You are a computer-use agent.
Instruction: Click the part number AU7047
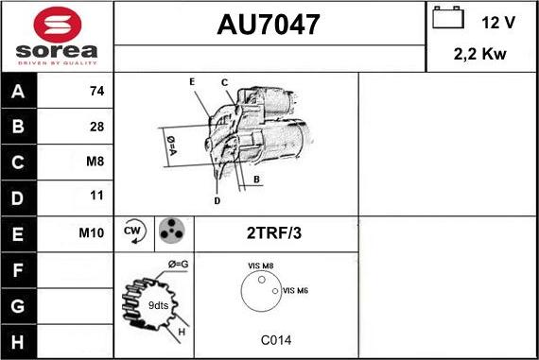[269, 25]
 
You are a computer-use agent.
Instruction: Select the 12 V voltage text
[497, 21]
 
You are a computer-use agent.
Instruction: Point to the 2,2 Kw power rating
[481, 54]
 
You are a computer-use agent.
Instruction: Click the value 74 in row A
[96, 93]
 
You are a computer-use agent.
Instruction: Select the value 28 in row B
[96, 127]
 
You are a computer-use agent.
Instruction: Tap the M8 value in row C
[95, 162]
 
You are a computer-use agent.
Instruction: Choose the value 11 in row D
[96, 197]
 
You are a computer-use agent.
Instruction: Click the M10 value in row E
[92, 231]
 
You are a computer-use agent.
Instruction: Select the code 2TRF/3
[274, 232]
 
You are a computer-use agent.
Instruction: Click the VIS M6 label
[296, 290]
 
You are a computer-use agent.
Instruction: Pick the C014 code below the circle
[275, 340]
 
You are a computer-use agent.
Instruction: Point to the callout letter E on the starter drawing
[192, 82]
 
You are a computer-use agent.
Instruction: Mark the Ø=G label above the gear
[178, 264]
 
